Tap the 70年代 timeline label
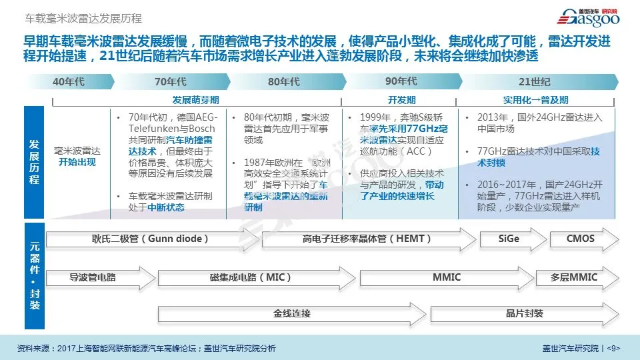(170, 82)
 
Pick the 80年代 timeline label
(283, 82)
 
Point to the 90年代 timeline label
(401, 82)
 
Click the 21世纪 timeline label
(535, 82)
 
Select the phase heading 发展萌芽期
(195, 99)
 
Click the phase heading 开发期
(401, 99)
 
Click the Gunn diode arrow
(151, 239)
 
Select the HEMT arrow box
(367, 239)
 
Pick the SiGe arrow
(509, 239)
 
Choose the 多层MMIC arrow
(574, 277)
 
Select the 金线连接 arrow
(292, 313)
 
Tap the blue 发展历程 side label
(35, 162)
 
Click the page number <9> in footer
(614, 348)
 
